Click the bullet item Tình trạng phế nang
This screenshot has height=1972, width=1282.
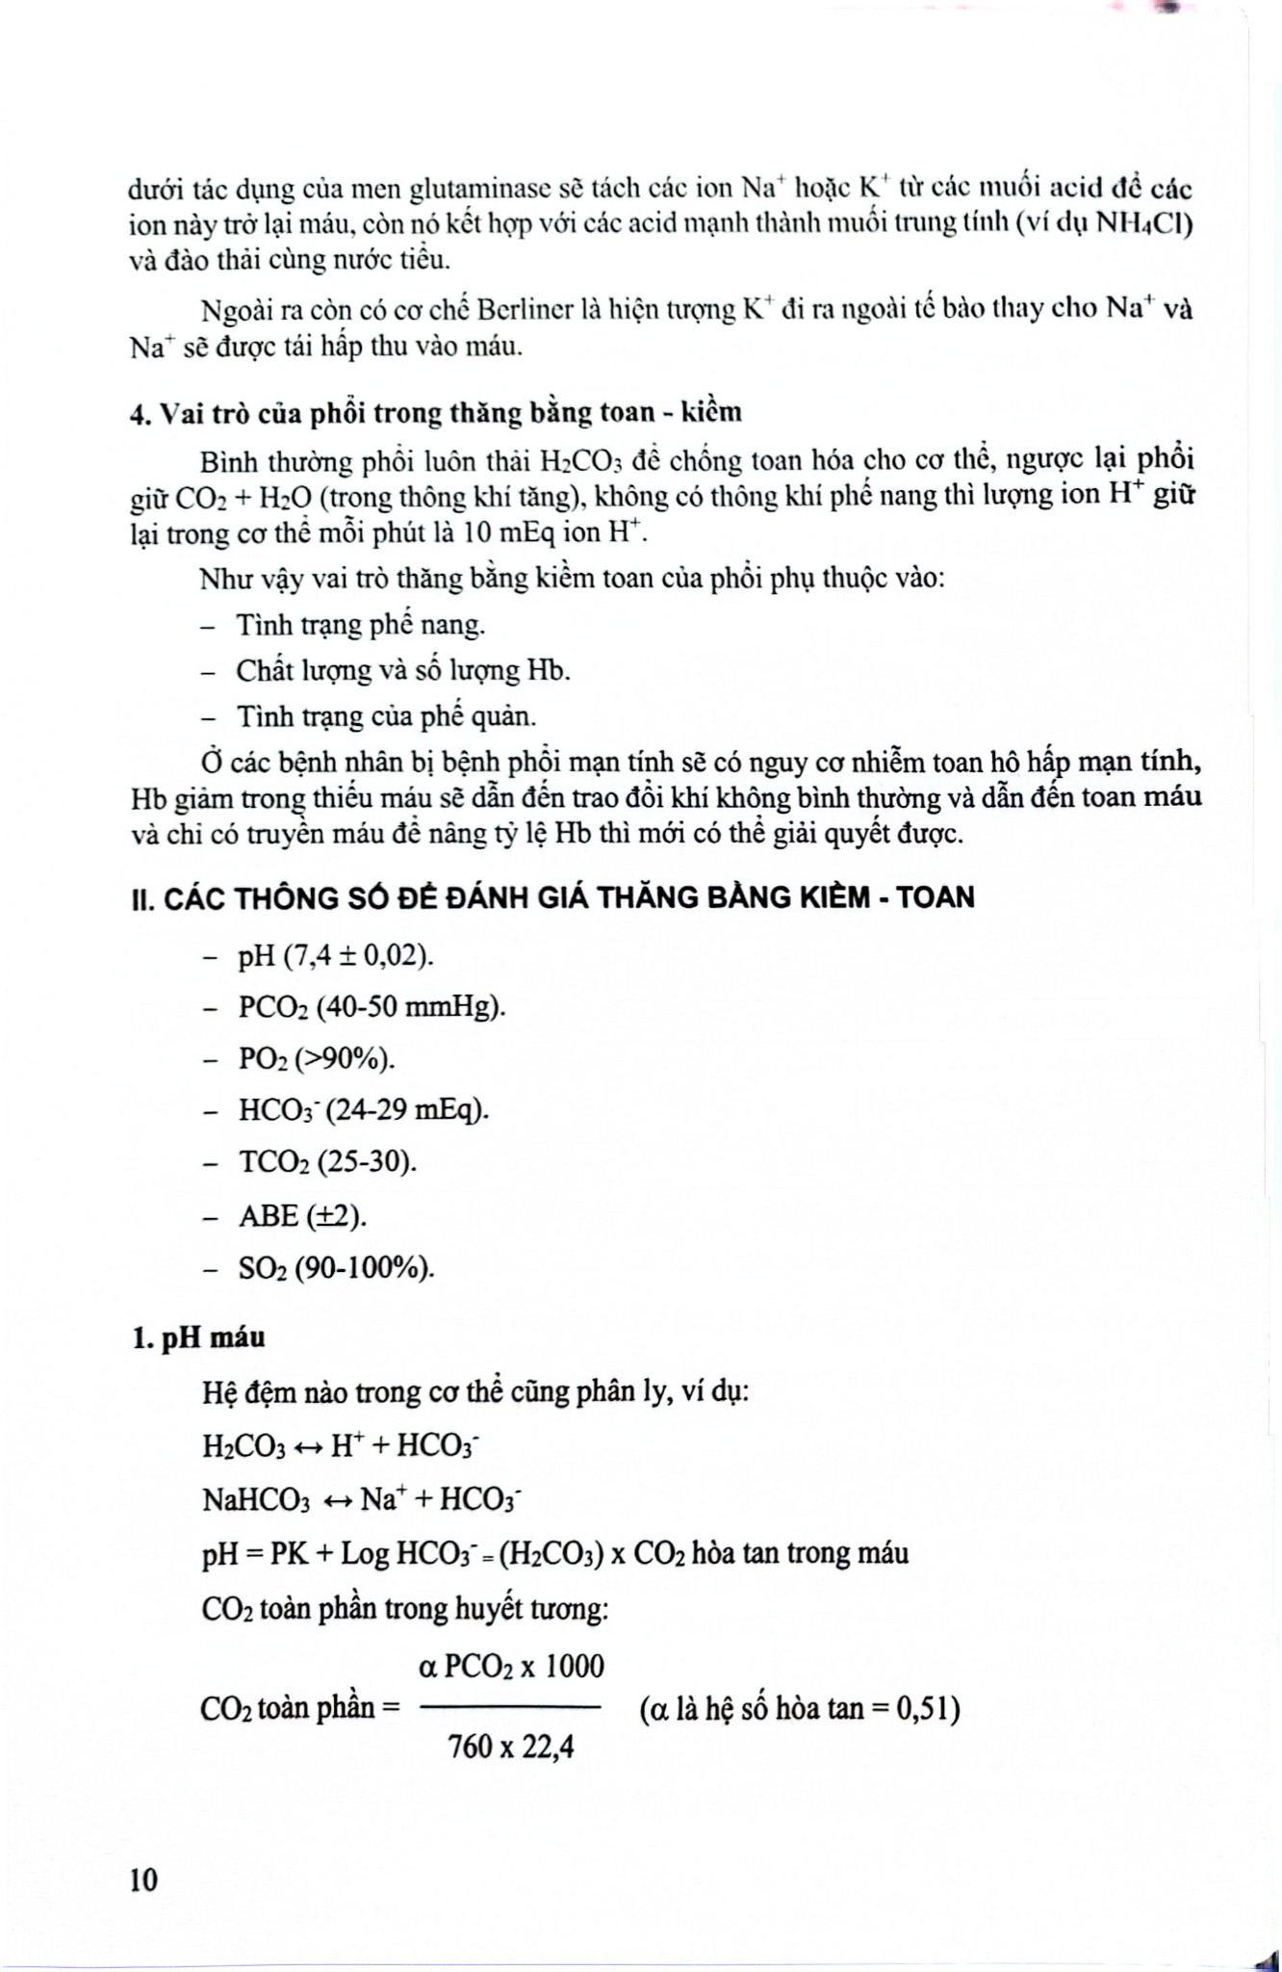coord(361,626)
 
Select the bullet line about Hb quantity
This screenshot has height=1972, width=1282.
coord(403,670)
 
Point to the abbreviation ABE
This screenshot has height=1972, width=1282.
coord(269,1216)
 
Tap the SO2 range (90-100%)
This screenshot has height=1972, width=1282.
coord(365,1268)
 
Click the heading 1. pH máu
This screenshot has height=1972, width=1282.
coord(197,1337)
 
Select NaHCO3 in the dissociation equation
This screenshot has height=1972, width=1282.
coord(257,1500)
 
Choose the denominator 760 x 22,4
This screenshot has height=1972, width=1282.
coord(511,1746)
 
